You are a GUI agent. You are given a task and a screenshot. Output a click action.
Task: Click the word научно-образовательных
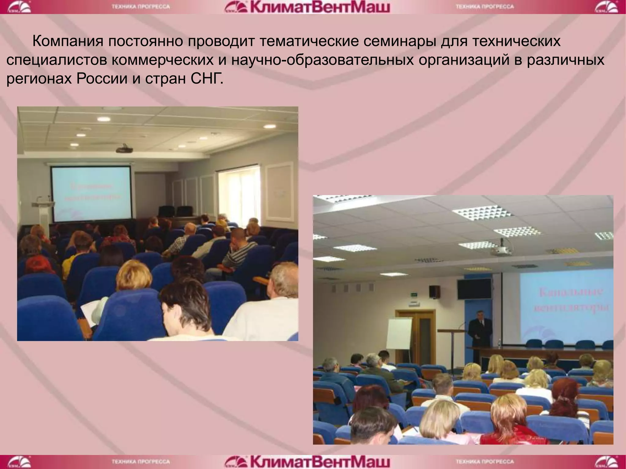point(322,60)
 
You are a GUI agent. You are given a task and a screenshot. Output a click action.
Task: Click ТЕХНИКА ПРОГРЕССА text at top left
point(141,7)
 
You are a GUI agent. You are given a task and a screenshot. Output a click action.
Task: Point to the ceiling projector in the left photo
point(124,149)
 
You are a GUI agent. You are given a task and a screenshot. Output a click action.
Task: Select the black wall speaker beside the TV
point(434,292)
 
